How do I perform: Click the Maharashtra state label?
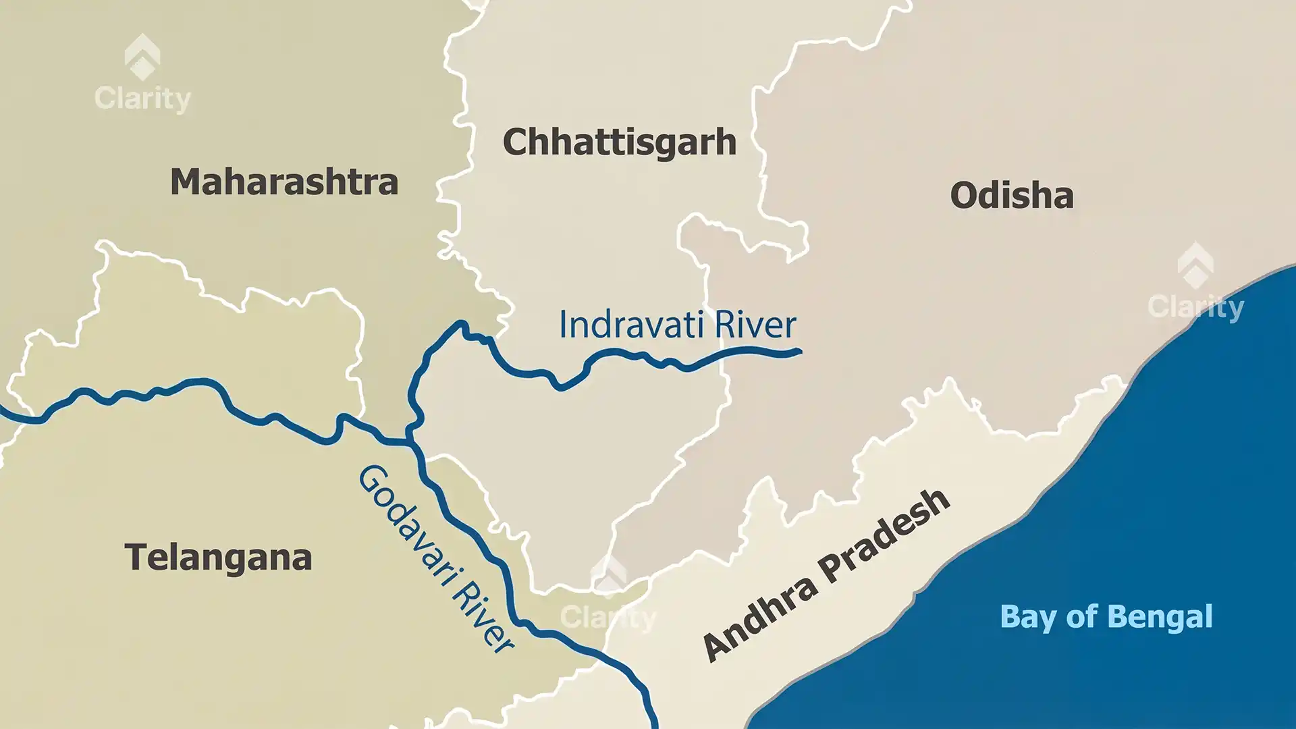pyautogui.click(x=284, y=182)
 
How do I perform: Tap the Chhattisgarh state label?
pyautogui.click(x=619, y=142)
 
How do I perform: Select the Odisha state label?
pyautogui.click(x=1011, y=196)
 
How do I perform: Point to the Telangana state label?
pyautogui.click(x=218, y=558)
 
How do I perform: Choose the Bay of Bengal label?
pyautogui.click(x=1106, y=617)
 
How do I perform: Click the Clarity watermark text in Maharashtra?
pyautogui.click(x=142, y=99)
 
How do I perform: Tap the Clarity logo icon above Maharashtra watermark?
pyautogui.click(x=142, y=57)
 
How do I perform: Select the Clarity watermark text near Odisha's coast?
pyautogui.click(x=1195, y=308)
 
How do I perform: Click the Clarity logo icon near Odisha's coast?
pyautogui.click(x=1195, y=265)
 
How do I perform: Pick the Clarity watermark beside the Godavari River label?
pyautogui.click(x=607, y=617)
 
